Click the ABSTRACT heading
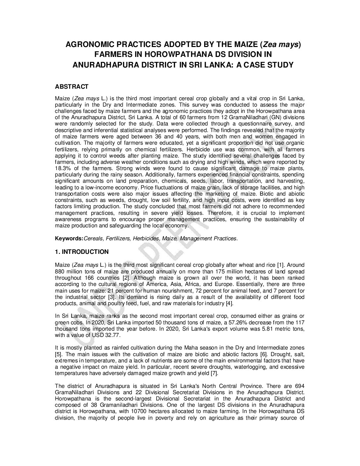[71, 87]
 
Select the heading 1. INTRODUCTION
[81, 252]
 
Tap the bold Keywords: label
[69, 238]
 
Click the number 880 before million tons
[60, 271]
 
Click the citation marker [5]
[58, 354]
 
